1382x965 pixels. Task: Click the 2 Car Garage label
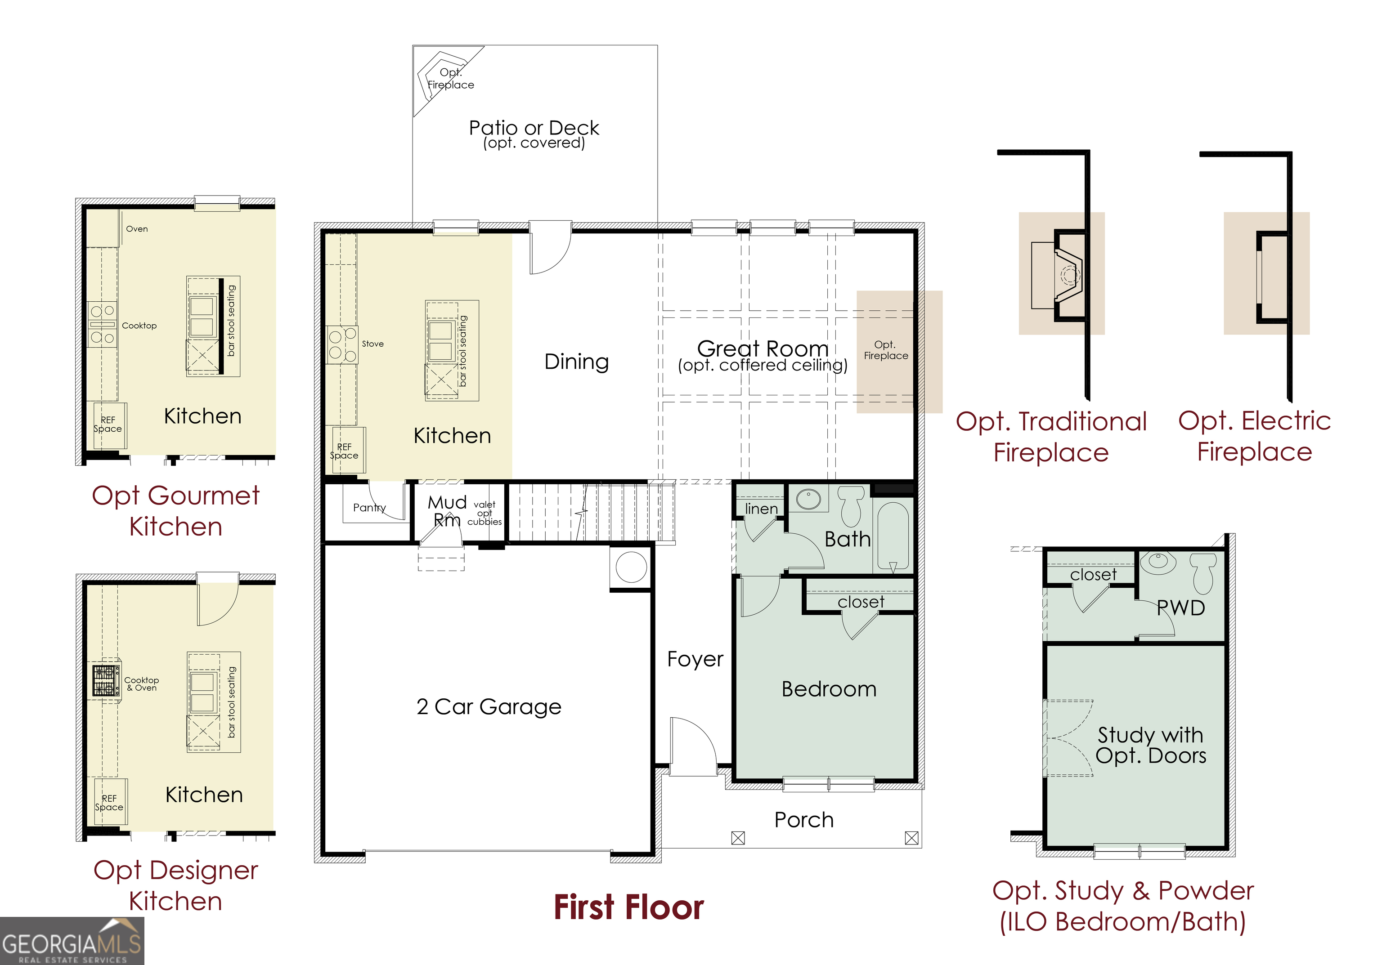(x=488, y=706)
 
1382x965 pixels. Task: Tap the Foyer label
(x=695, y=659)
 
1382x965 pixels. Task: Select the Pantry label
(x=369, y=507)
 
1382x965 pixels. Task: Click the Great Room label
(x=763, y=349)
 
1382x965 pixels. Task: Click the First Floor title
(x=628, y=907)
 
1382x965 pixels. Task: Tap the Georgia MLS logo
(x=72, y=941)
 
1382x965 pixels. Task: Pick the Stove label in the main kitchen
(x=372, y=344)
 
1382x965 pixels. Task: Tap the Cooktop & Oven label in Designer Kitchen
(x=141, y=684)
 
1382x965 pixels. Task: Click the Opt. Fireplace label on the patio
(x=450, y=79)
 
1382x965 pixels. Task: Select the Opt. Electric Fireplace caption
(x=1254, y=436)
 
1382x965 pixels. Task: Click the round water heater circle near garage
(x=631, y=567)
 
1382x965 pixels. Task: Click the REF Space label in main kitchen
(x=344, y=451)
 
